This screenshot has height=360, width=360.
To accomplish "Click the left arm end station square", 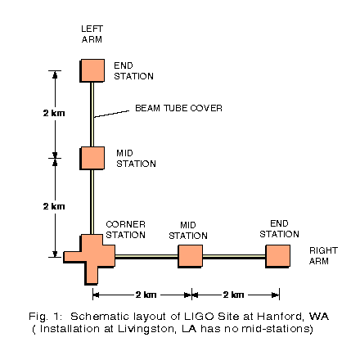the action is click(92, 70).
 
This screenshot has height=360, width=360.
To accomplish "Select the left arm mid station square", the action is click(92, 159).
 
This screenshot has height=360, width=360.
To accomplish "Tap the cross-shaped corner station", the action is click(89, 259).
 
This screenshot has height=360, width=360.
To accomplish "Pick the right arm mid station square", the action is click(191, 256).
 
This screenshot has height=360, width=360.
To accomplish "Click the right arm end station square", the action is click(278, 256).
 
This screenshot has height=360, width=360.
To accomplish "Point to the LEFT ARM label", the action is click(92, 34).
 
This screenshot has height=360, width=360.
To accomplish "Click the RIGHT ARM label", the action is click(323, 256).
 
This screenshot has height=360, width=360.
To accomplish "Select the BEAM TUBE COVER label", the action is click(178, 108).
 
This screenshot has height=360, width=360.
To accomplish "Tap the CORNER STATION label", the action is click(125, 230).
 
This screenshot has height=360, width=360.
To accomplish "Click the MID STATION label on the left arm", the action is click(136, 159).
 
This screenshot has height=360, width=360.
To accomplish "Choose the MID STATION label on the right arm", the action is click(188, 231).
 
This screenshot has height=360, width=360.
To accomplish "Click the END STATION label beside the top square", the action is click(133, 71).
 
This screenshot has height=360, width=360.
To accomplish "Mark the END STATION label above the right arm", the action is click(279, 229).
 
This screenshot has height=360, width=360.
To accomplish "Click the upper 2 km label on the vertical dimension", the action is click(54, 113).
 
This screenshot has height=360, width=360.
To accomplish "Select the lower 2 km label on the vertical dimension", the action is click(54, 206).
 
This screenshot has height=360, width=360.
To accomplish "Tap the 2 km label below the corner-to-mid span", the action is click(146, 295).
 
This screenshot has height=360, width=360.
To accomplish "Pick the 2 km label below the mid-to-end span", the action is click(233, 295).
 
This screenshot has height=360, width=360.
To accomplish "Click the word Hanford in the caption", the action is click(280, 317).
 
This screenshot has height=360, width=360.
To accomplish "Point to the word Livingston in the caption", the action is click(146, 329).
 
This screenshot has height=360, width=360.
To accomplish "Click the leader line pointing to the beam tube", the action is click(111, 114).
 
